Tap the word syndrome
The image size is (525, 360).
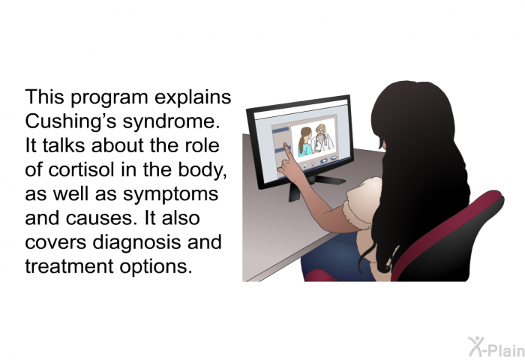tap(171, 122)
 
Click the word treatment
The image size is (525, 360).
tap(69, 267)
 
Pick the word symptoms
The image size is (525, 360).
tap(170, 194)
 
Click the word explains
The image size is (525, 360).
tap(193, 97)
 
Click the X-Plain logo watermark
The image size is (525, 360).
tap(496, 347)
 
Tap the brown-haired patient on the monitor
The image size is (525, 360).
tap(305, 142)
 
